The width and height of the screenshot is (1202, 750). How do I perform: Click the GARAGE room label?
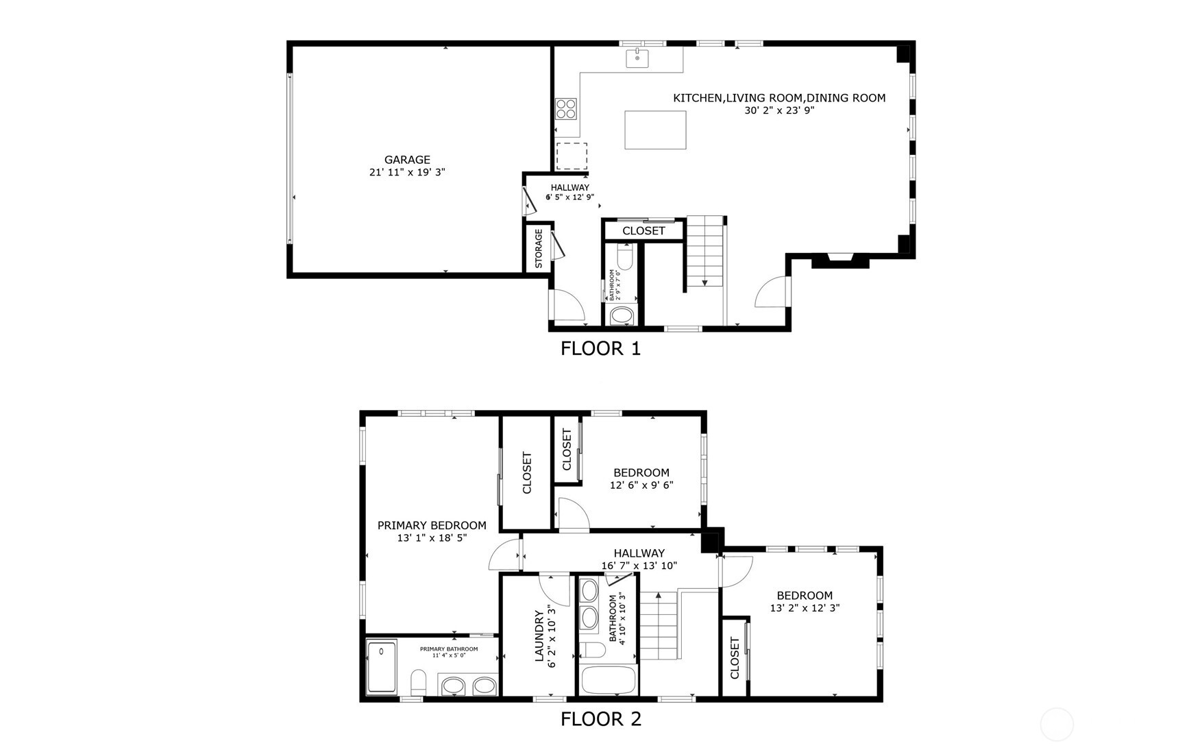[407, 160]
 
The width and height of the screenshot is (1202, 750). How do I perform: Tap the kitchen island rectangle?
[655, 130]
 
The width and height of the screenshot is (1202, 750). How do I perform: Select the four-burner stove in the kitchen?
[566, 108]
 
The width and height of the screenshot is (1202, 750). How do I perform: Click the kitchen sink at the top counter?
[637, 58]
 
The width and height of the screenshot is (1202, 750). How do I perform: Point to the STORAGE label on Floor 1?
[539, 248]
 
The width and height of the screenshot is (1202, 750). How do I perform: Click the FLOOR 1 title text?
[600, 349]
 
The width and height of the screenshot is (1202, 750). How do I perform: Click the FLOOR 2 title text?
[600, 719]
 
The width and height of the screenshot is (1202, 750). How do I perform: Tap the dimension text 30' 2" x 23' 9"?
[779, 110]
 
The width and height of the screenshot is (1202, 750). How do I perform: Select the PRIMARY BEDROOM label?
[432, 525]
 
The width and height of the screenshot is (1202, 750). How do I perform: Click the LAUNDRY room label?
[539, 636]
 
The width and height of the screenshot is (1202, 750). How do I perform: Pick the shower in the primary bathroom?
[382, 666]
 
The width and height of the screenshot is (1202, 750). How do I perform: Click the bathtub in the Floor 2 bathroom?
[609, 681]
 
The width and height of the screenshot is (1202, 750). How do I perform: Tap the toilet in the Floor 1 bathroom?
[624, 258]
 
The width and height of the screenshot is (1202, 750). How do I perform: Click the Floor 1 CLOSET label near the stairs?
[643, 231]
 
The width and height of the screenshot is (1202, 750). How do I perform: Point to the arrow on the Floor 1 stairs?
[704, 282]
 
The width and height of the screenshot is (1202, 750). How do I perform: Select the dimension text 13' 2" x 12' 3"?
[805, 608]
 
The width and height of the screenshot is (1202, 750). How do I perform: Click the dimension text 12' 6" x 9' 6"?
[641, 485]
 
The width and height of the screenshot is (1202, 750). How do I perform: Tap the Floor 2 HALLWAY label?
[639, 553]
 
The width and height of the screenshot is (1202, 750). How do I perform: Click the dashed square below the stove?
[572, 156]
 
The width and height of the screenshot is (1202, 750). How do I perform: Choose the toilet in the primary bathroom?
[418, 682]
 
